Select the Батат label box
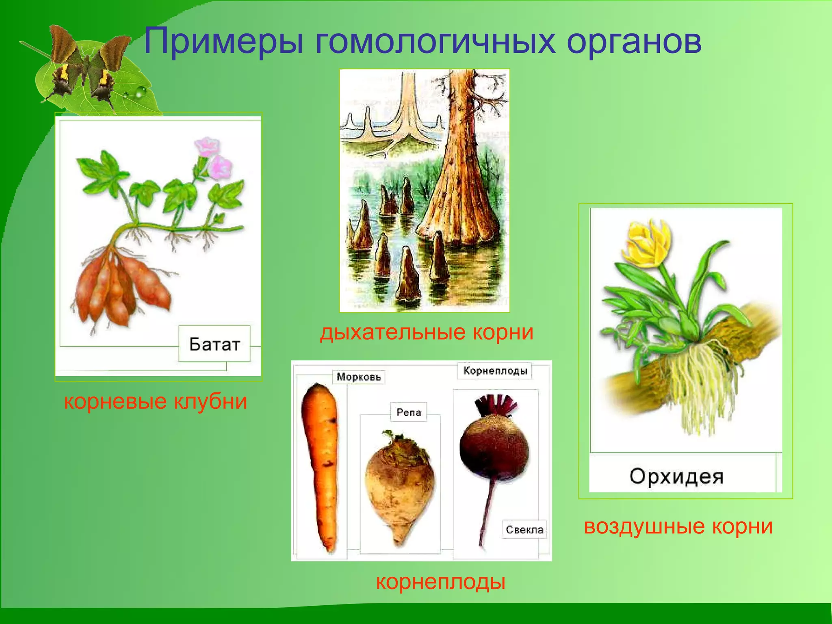point(214,344)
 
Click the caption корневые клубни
point(156,401)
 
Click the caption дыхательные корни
point(426,332)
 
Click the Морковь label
point(358,377)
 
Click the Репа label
point(408,412)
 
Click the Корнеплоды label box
point(495,370)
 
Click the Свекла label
point(524,529)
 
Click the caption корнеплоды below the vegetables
point(440,582)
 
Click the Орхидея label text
point(676,476)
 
